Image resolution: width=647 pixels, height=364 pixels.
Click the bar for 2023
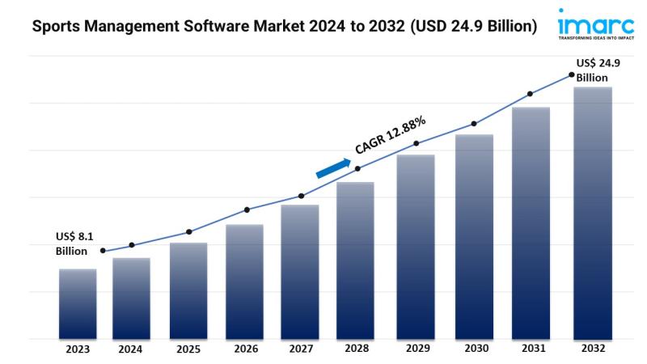pos(78,303)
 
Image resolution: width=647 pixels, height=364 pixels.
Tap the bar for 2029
pos(416,247)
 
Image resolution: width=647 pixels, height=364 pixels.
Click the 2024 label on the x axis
pos(130,350)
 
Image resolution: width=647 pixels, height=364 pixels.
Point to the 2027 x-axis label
pos(300,350)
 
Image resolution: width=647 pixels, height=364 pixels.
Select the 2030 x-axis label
pos(473,349)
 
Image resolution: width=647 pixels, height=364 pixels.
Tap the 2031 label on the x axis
pos(530,349)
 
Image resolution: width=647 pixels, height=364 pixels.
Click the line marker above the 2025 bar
pos(188,232)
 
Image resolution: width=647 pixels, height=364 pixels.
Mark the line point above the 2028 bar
pos(358,168)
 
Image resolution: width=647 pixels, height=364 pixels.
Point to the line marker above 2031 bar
pos(531,94)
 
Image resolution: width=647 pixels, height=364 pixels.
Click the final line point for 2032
pos(571,74)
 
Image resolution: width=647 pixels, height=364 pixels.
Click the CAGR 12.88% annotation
pos(391,135)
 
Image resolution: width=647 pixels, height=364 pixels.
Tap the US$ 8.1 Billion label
pos(75,243)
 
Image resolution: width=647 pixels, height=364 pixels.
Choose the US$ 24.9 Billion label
pos(598,70)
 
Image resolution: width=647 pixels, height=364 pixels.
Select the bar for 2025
pos(188,290)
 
